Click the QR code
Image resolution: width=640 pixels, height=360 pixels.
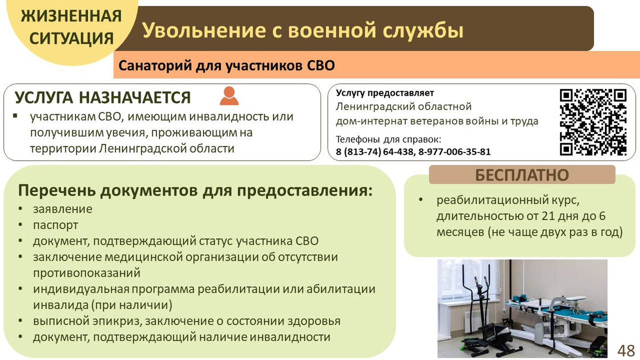coord(592,123)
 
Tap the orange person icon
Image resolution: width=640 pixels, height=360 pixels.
coord(229,96)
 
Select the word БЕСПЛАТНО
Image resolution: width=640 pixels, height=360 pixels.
coord(522,175)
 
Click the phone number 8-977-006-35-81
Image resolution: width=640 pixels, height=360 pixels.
coord(454,152)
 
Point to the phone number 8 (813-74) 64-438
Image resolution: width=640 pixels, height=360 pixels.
coord(375,152)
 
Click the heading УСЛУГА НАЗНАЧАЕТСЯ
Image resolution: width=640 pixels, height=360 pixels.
coord(103,98)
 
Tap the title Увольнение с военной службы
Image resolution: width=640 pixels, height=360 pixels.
coord(303,31)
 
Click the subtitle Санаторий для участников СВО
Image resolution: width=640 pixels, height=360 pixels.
coord(226,66)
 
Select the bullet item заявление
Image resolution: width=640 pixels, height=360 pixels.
coord(63,209)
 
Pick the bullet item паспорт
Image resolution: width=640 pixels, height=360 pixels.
coord(55,225)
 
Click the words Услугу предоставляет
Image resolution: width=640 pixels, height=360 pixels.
coord(385,93)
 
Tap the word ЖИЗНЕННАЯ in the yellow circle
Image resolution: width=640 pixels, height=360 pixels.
coord(72,16)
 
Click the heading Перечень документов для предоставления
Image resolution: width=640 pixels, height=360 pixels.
coord(195,190)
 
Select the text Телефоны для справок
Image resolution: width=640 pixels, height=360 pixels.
coord(388,140)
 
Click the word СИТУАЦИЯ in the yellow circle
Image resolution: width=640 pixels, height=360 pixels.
coord(72,39)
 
